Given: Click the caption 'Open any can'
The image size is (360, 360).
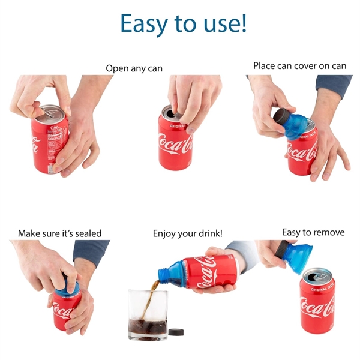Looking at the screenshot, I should point(134,68).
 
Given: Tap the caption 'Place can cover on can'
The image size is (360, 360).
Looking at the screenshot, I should point(299,66).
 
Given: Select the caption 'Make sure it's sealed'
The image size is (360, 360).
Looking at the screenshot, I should point(59,233).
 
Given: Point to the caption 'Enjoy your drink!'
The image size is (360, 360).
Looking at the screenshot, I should point(187,233).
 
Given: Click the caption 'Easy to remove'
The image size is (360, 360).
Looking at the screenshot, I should point(313,232).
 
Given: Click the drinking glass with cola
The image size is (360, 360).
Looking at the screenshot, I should point(148,315).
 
